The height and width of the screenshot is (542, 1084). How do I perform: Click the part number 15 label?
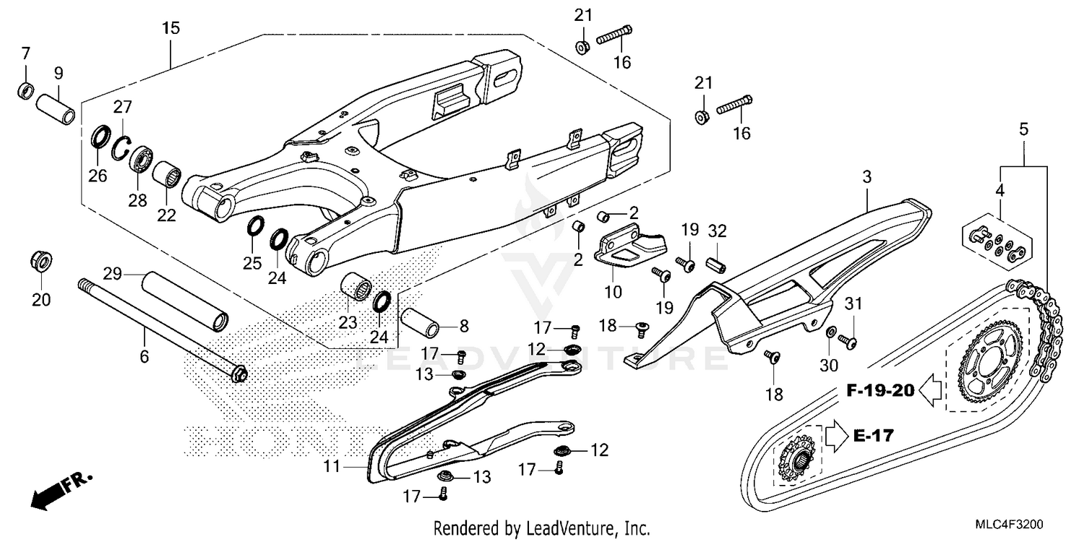click(x=171, y=29)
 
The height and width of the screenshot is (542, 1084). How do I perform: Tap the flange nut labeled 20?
click(x=41, y=262)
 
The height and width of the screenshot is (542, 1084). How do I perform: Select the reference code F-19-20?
click(x=880, y=391)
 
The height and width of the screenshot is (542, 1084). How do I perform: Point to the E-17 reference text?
click(x=873, y=436)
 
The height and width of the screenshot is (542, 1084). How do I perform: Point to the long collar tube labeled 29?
click(x=184, y=301)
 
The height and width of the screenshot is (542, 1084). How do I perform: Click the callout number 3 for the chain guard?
click(x=867, y=176)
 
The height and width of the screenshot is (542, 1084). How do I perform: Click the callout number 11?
click(x=331, y=467)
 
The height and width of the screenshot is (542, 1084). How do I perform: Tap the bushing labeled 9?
click(x=57, y=108)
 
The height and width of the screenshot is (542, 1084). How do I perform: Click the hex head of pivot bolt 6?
click(x=238, y=374)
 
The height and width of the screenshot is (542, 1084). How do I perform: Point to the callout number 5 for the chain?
click(x=1023, y=130)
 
